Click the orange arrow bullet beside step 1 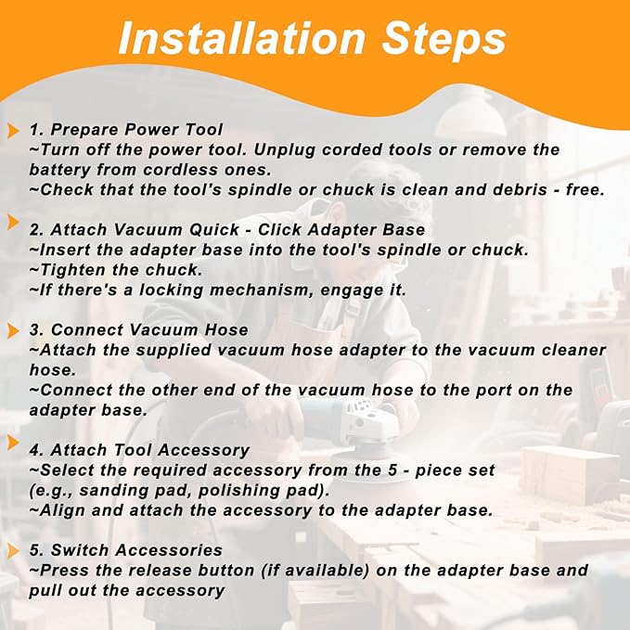tap(14, 130)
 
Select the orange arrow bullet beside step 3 tap(14, 330)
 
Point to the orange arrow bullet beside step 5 tap(14, 551)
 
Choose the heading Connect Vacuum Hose tap(149, 330)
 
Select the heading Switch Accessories tap(136, 551)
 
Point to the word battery tap(58, 170)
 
